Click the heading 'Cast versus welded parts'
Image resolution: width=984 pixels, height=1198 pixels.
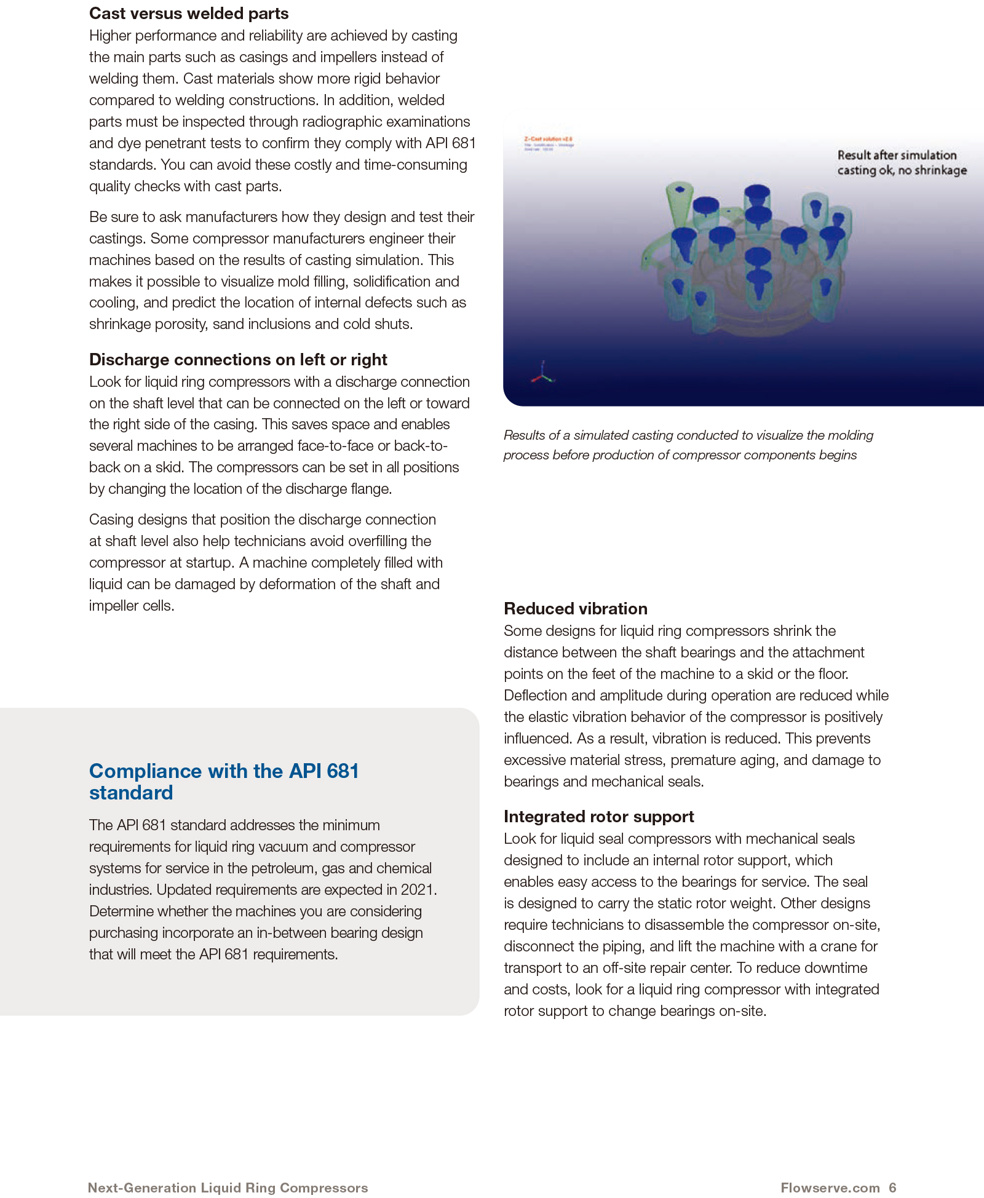point(189,14)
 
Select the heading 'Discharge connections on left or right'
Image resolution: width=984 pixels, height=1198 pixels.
point(238,359)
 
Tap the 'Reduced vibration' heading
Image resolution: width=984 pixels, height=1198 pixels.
point(575,608)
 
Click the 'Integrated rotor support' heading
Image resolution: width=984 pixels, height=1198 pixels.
point(598,816)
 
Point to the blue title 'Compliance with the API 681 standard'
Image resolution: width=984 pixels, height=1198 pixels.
point(224,781)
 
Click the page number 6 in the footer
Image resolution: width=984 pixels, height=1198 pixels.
point(892,1188)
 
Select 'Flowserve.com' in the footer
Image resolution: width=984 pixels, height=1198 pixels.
point(830,1188)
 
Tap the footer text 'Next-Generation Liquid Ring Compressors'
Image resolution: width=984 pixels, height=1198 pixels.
point(228,1188)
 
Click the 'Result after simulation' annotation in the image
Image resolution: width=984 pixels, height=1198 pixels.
point(897,156)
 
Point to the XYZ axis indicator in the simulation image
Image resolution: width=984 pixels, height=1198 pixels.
point(542,373)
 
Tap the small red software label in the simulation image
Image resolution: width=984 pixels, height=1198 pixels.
point(548,140)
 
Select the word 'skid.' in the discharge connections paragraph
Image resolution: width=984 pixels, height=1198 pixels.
point(169,467)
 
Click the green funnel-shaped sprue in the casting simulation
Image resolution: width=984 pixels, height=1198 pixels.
point(679,197)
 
